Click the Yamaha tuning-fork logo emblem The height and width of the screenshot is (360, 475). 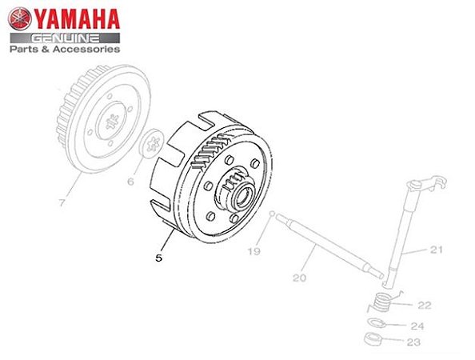[20, 18]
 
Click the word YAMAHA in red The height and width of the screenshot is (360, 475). [77, 19]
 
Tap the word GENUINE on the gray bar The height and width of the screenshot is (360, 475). [66, 38]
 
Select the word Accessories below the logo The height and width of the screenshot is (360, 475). [86, 49]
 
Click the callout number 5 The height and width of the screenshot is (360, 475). [159, 258]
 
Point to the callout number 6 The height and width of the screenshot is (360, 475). [130, 182]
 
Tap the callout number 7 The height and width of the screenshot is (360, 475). [62, 202]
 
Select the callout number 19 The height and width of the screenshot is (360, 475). [253, 251]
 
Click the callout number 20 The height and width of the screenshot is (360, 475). [300, 278]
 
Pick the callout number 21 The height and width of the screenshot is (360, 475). [437, 250]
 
